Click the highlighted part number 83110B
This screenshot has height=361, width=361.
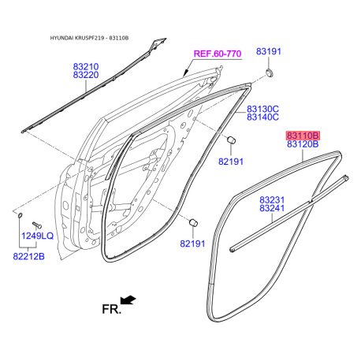[303, 136]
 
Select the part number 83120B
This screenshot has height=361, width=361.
[303, 144]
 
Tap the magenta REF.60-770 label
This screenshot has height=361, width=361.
[218, 54]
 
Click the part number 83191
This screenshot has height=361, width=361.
[269, 51]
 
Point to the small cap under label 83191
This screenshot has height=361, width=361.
[270, 73]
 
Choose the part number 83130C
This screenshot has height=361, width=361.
[262, 109]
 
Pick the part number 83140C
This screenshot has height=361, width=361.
[262, 117]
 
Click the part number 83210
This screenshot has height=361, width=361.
[86, 66]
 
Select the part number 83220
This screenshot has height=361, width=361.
[86, 75]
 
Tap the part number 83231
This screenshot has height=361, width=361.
[272, 200]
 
